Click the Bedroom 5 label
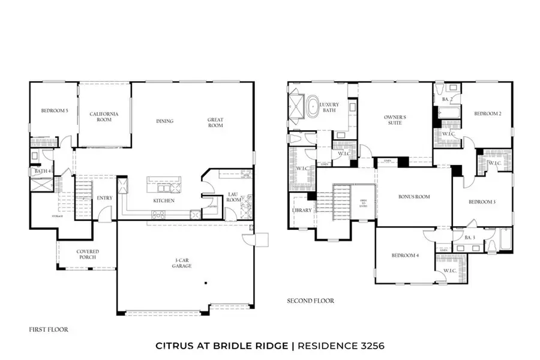click(x=53, y=111)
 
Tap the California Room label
click(x=104, y=117)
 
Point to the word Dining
click(x=164, y=121)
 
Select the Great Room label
click(x=215, y=122)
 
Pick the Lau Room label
click(x=233, y=197)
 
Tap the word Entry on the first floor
click(x=104, y=198)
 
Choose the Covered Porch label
click(x=88, y=254)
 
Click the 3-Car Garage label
click(x=181, y=263)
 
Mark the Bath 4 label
click(x=41, y=172)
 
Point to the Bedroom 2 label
click(x=488, y=113)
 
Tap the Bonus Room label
click(x=414, y=197)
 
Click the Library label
click(x=302, y=211)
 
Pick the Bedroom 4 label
click(x=405, y=256)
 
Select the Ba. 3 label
click(x=470, y=238)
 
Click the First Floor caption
click(x=49, y=329)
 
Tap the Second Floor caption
click(x=310, y=301)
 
